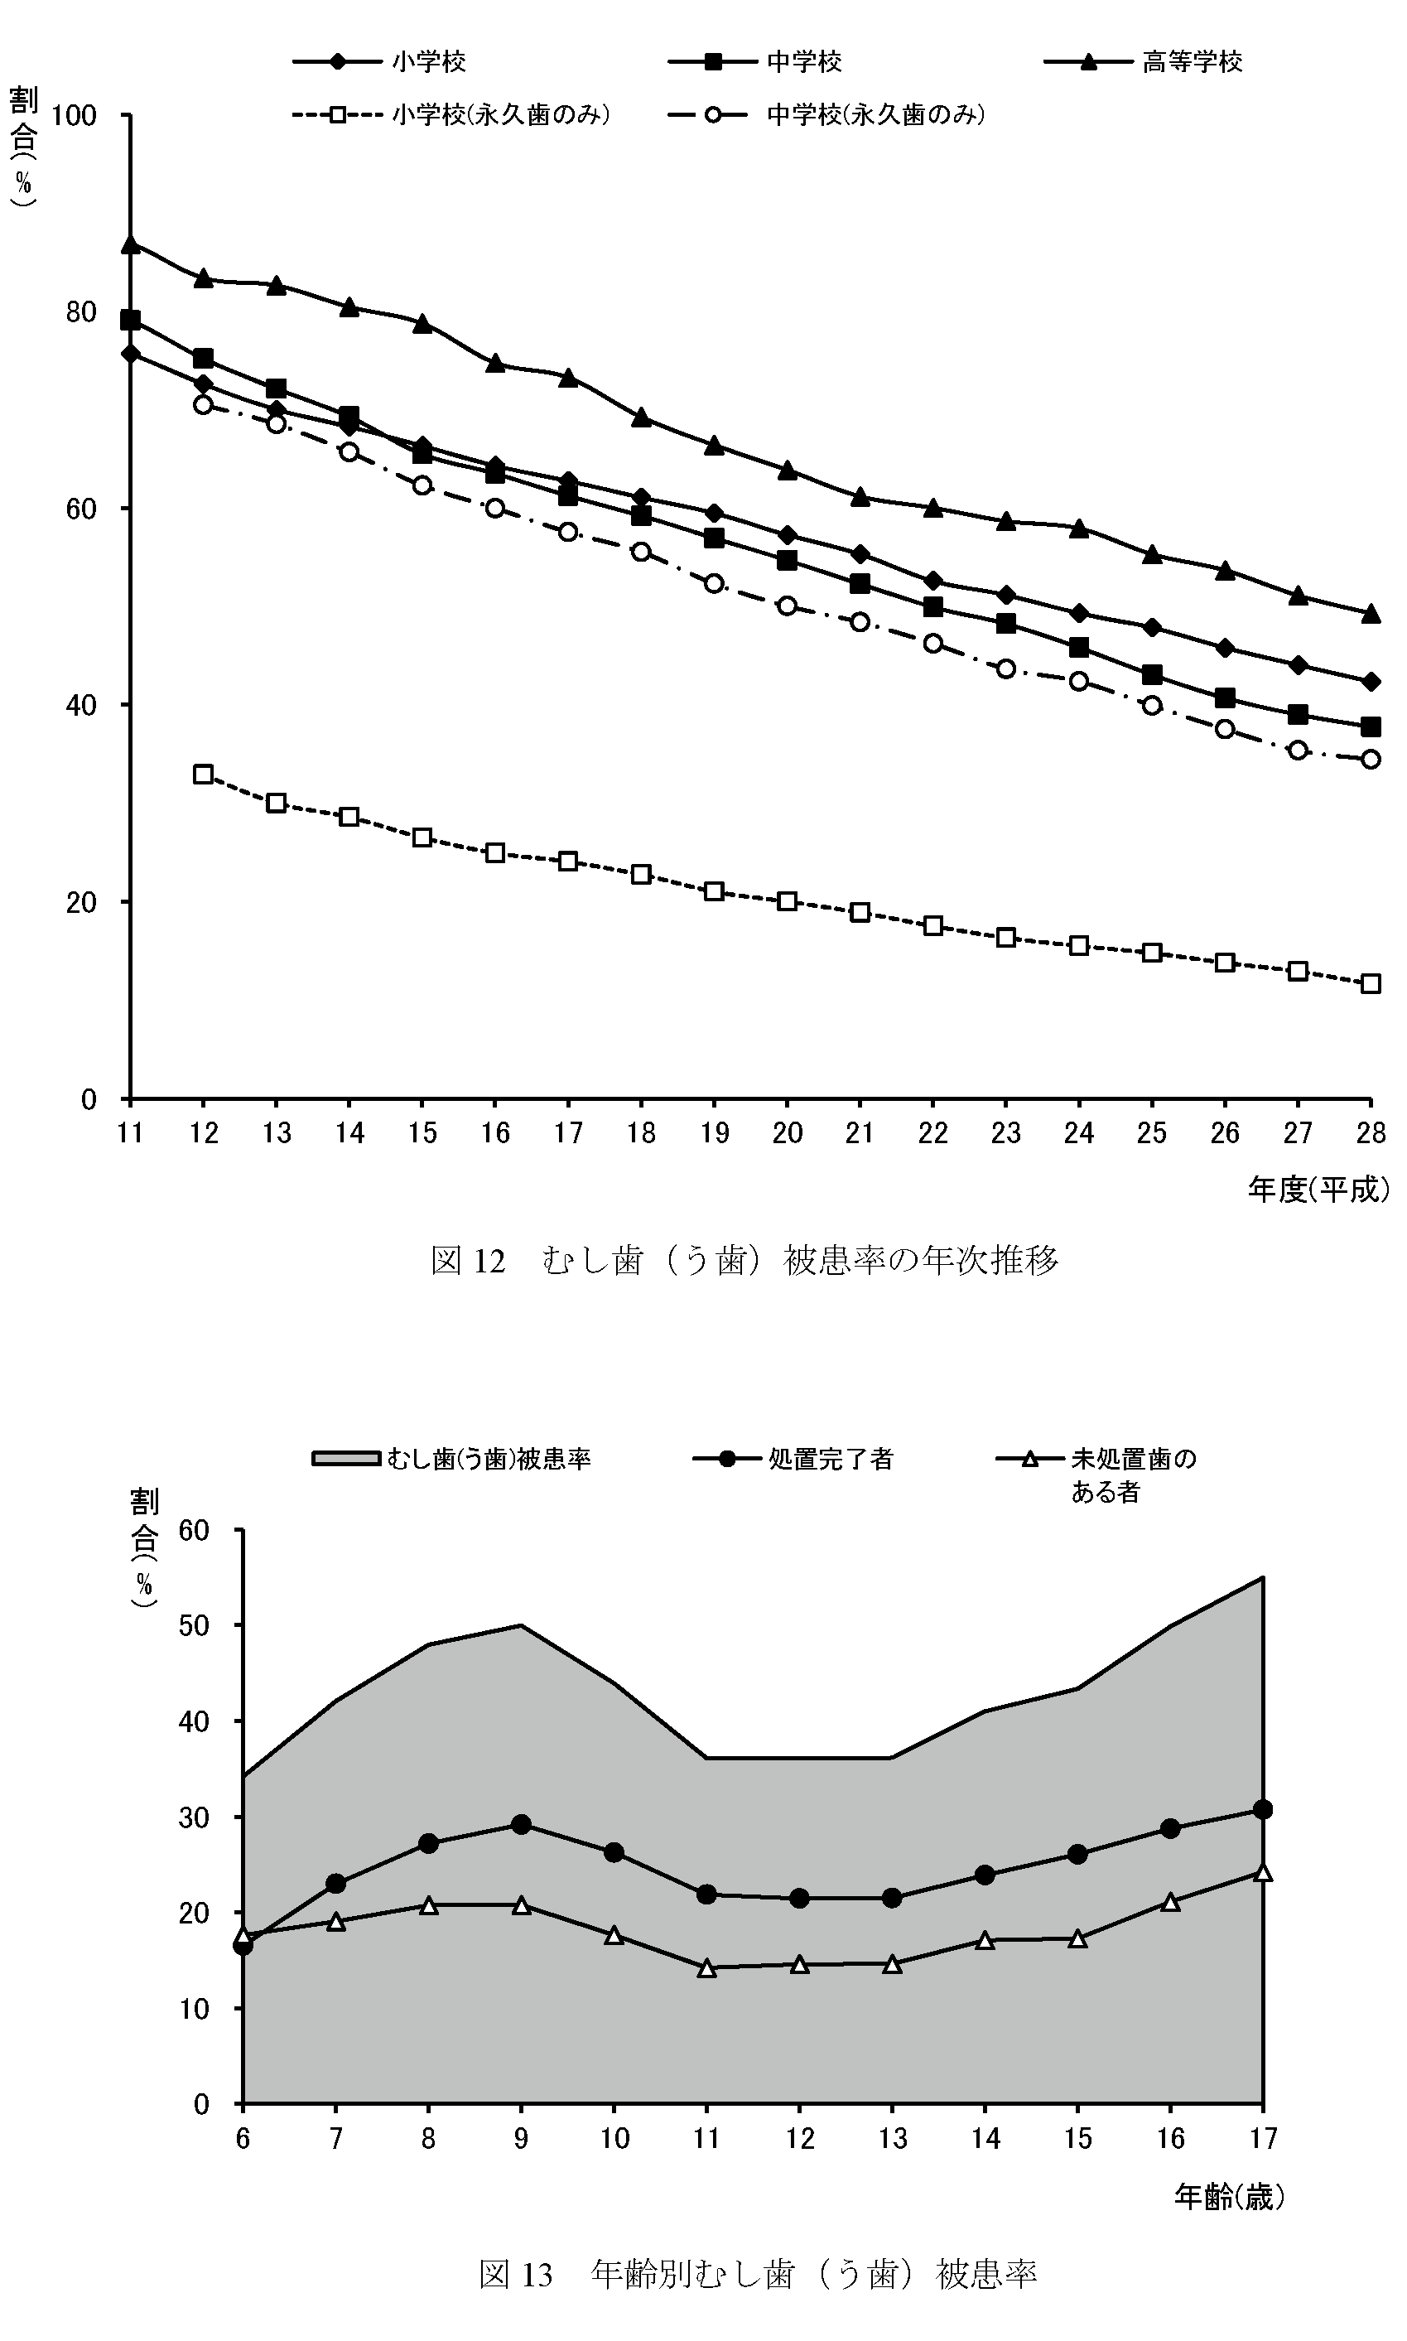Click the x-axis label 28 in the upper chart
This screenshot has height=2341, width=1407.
pos(1370,1133)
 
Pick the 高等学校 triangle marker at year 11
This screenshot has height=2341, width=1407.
pos(131,244)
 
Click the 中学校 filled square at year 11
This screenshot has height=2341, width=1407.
pos(131,320)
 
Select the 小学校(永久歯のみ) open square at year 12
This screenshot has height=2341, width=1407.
pos(203,774)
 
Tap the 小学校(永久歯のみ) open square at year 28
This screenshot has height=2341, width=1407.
pos(1370,984)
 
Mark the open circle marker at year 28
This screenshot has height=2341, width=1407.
pos(1370,759)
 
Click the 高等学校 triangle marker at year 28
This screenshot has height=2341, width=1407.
pos(1370,615)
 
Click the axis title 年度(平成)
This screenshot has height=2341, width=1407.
pos(1318,1189)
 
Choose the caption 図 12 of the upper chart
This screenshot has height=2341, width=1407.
pos(744,1260)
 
